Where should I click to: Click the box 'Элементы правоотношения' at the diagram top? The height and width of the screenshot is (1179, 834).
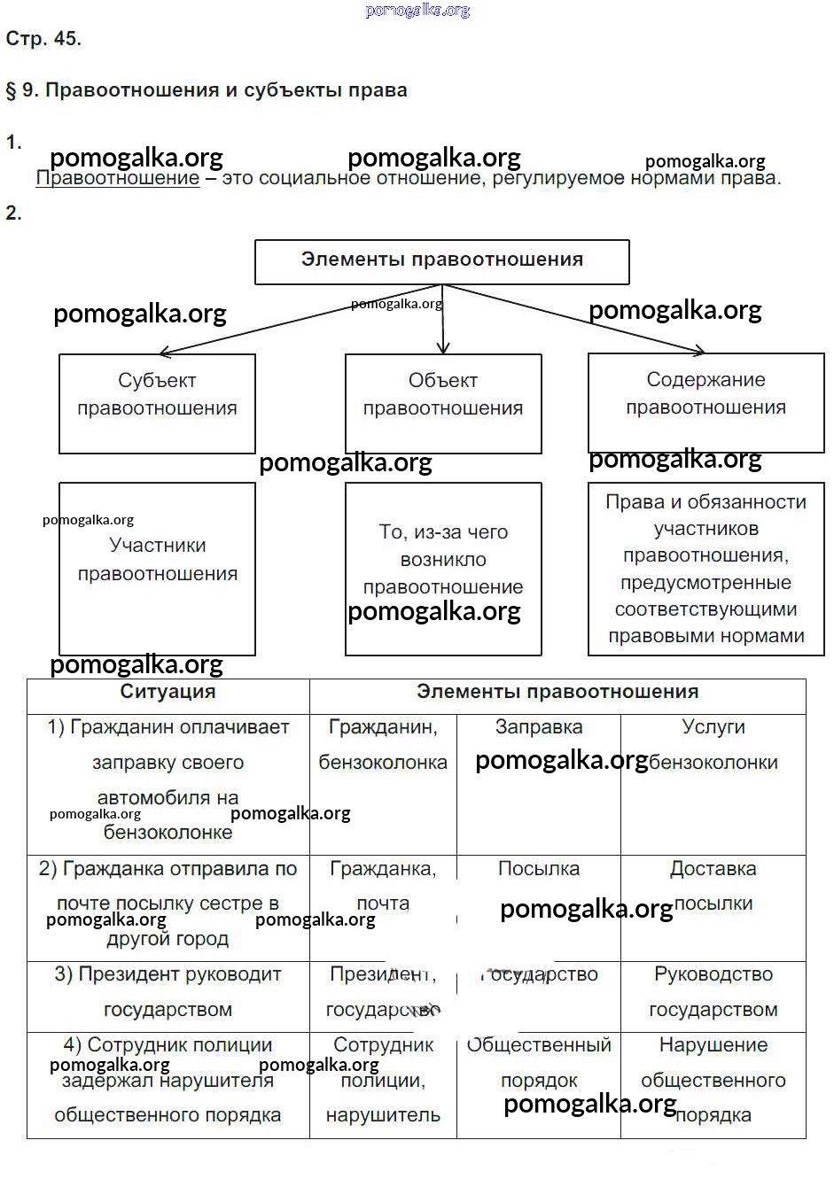441,261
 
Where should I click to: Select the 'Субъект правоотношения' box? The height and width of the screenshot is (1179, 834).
157,403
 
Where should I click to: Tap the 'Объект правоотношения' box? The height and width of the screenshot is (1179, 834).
442,403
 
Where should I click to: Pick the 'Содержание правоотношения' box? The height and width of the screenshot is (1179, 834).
705,402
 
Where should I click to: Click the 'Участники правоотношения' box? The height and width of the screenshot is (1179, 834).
157,568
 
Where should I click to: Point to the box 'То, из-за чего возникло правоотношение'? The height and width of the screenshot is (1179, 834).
442,568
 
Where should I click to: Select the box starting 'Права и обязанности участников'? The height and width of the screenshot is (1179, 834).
705,568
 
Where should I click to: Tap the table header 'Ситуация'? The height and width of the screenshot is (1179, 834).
168,693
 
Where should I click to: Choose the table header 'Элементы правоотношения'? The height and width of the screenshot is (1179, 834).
557,693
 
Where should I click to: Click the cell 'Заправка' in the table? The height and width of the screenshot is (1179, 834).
539,728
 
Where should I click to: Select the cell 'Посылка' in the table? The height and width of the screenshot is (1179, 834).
539,870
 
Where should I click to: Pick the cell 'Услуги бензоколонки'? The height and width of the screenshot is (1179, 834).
713,745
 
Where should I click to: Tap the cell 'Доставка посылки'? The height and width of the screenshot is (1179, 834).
713,886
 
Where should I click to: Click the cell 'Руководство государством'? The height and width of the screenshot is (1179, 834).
713,992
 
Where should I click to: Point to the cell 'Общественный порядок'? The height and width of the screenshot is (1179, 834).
539,1063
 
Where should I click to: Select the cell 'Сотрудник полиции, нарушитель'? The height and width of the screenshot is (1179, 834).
383,1081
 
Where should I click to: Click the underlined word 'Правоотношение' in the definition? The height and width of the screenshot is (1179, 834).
118,178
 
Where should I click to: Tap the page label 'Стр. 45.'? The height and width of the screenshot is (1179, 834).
43,39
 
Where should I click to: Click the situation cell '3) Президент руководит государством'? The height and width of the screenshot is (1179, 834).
168,992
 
